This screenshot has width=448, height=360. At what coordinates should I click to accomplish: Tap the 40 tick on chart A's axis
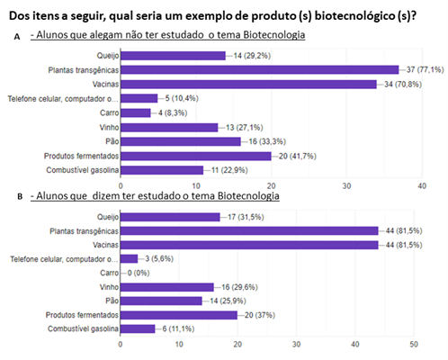(423, 186)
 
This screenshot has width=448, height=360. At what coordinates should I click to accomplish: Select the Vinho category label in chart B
(105, 286)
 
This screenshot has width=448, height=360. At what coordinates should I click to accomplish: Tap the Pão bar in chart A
(180, 141)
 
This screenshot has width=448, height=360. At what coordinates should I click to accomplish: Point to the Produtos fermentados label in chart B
(76, 314)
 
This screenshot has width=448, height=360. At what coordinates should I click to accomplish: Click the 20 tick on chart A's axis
(272, 186)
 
